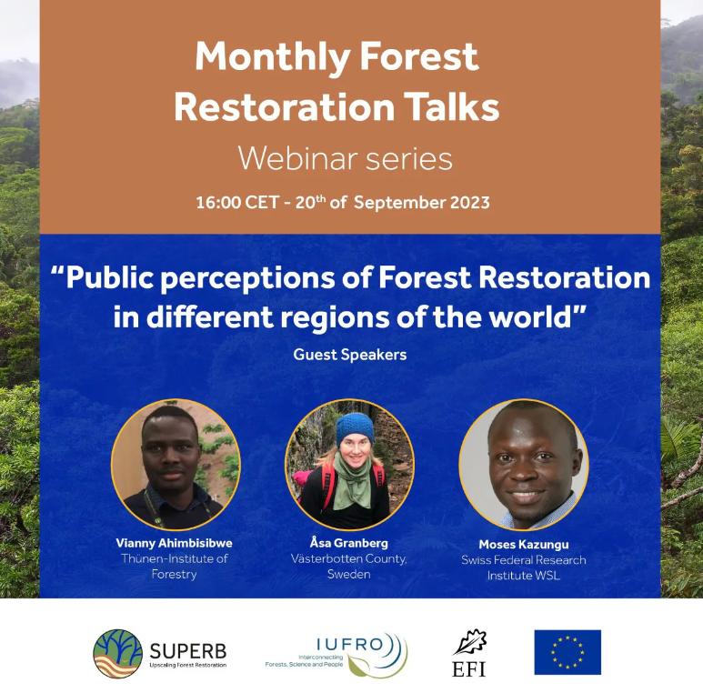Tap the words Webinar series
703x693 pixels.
(346, 158)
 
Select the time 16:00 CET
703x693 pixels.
(238, 203)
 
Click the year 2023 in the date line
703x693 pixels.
(470, 203)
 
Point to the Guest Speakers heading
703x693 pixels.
(350, 355)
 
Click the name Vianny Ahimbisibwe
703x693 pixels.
(174, 543)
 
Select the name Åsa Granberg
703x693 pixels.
(349, 543)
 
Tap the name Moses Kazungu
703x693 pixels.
(524, 545)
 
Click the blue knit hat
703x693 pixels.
(355, 428)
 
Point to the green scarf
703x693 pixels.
(352, 483)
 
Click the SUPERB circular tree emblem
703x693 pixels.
(117, 653)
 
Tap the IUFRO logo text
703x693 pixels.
(350, 644)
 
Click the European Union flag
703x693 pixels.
(567, 652)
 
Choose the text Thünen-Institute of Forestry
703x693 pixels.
(174, 567)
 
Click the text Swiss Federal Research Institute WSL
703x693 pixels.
(524, 567)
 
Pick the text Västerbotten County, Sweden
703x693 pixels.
(349, 567)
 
